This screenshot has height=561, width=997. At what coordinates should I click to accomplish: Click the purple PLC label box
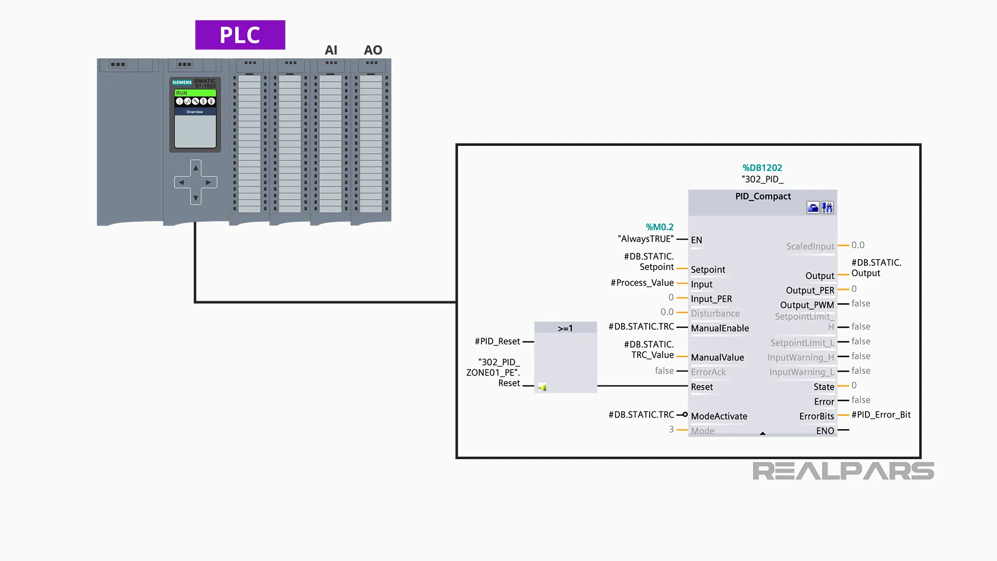pos(240,35)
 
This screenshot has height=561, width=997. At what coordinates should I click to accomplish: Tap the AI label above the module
pos(331,50)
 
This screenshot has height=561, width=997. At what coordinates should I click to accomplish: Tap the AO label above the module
pos(373,50)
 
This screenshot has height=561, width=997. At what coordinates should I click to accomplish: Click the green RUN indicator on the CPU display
pos(195,93)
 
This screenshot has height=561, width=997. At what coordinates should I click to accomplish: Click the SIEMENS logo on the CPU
pos(182,82)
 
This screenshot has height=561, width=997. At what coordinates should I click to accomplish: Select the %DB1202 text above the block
pos(762,168)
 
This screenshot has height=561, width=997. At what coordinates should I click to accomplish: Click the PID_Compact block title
pos(762,196)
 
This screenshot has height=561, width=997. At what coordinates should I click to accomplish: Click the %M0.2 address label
pos(659,227)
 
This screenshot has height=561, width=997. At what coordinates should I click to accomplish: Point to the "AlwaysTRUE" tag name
pos(645,239)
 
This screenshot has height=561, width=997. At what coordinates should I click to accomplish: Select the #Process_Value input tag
pos(642,283)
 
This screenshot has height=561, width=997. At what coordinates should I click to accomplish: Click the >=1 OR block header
pos(565,328)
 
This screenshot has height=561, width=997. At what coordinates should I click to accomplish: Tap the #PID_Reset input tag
pos(497,341)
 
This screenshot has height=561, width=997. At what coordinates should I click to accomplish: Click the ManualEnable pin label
pos(720,328)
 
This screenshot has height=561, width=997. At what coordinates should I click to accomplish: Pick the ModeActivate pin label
pos(719,416)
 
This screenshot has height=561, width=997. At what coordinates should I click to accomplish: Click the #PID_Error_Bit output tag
pos(881,415)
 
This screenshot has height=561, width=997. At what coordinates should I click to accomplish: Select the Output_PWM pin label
pos(806,305)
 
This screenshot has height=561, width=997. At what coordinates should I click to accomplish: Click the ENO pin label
pos(825,431)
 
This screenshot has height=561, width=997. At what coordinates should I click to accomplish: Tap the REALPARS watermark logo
pos(843,471)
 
